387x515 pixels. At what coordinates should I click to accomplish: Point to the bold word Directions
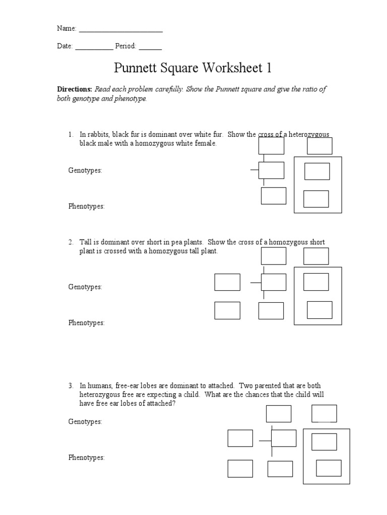pos(74,90)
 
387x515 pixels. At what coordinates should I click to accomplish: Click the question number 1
pos(71,135)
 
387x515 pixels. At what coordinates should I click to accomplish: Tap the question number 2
pos(71,242)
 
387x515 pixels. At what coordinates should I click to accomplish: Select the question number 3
pos(71,386)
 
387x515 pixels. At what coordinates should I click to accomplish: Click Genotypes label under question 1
pos(85,170)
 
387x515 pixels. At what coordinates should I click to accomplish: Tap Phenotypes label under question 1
pos(87,207)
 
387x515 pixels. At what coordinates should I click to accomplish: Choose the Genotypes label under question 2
pos(85,287)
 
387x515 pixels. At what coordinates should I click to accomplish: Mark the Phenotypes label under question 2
pos(87,323)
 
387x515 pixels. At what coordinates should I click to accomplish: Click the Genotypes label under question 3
pos(85,421)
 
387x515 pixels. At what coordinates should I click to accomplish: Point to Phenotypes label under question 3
pos(87,458)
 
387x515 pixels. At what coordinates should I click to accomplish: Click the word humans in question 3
pos(98,386)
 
